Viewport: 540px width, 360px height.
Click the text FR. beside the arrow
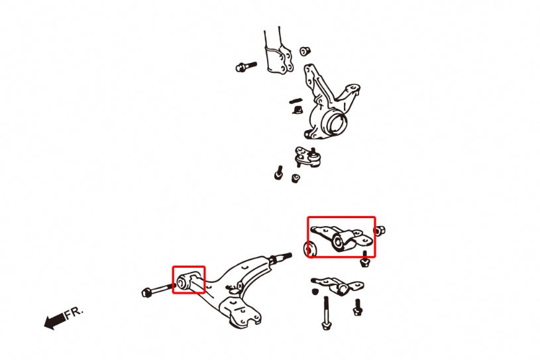[74, 312]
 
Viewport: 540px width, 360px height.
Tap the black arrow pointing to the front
[54, 322]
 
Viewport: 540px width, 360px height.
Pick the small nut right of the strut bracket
[305, 50]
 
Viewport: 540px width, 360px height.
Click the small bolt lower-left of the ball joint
[278, 174]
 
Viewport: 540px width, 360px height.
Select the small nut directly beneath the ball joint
[296, 178]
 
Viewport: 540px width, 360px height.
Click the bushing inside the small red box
[186, 282]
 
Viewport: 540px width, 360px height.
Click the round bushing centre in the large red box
[339, 241]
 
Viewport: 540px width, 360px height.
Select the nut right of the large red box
[381, 231]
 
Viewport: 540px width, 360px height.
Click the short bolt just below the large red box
[364, 260]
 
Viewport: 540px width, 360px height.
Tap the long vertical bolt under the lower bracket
[326, 312]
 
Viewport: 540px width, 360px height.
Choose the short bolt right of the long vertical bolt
[358, 306]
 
